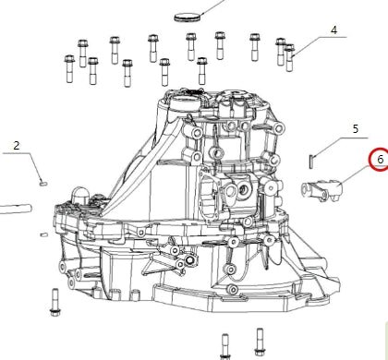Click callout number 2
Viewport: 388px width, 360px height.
click(x=16, y=145)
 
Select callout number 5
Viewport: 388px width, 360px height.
click(x=354, y=128)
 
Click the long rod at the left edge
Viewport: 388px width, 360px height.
click(x=14, y=209)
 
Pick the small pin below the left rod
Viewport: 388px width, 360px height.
click(x=42, y=234)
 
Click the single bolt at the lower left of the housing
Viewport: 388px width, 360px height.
click(x=55, y=301)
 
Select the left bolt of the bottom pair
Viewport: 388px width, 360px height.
click(x=224, y=345)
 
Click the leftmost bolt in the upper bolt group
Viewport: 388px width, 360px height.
click(x=67, y=67)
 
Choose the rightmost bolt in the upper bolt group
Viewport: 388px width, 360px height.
click(x=289, y=58)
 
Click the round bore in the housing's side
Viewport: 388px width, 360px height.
click(x=241, y=191)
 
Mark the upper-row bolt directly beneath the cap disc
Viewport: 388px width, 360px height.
click(x=191, y=45)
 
